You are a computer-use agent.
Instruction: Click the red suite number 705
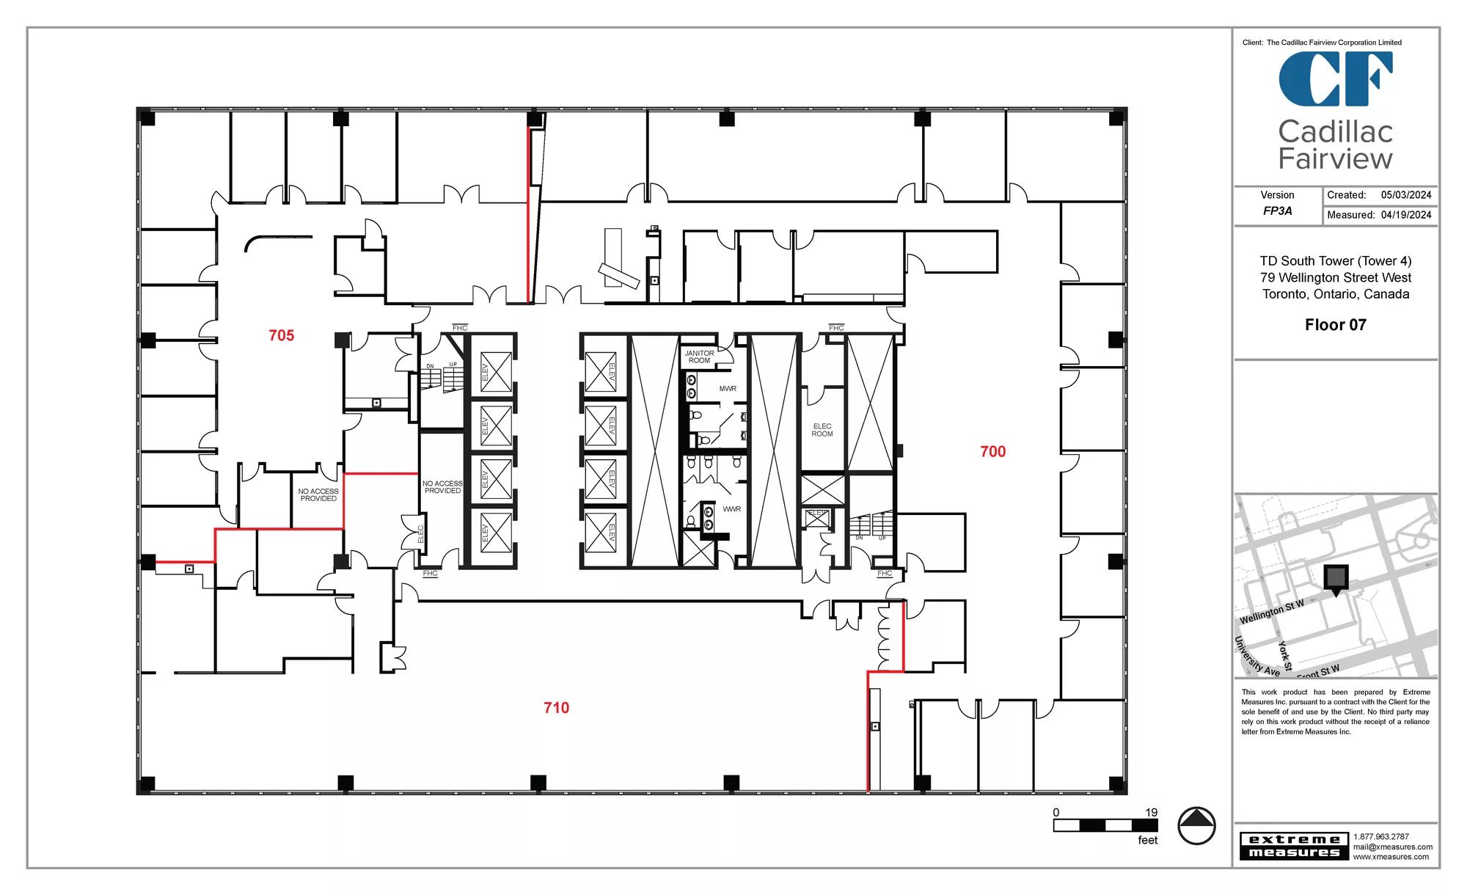coord(282,335)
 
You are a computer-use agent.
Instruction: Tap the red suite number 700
coord(993,452)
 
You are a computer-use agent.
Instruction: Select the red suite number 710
coord(557,708)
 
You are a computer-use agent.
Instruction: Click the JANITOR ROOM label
coord(699,357)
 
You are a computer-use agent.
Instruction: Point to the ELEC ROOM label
coord(822,430)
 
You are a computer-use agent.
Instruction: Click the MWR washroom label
coord(728,389)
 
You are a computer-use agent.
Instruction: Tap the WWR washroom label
coord(731,509)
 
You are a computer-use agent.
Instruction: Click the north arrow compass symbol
coord(1196,825)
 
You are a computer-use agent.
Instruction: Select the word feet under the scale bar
coord(1148,840)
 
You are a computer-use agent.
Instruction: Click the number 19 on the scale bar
coord(1152,812)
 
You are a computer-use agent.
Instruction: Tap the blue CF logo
coord(1336,78)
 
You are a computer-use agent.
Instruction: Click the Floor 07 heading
coord(1336,325)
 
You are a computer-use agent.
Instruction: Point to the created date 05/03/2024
coord(1406,195)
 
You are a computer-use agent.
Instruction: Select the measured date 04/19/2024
coord(1406,215)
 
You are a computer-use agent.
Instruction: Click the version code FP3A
coord(1278,211)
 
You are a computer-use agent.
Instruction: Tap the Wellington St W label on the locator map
coord(1272,612)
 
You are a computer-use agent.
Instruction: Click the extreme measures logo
coord(1294,846)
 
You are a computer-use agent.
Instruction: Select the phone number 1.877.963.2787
coord(1381,837)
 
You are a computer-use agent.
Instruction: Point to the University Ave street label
coord(1257,657)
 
